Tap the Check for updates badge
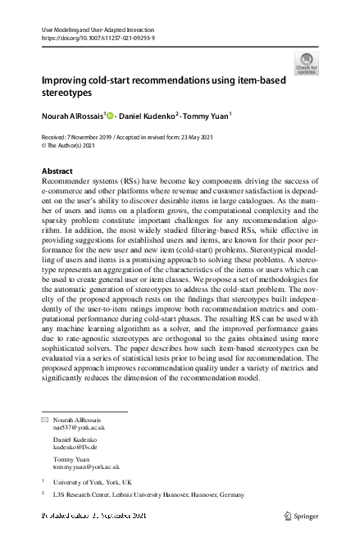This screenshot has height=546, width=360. [x=306, y=63]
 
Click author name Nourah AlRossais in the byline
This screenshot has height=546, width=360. [x=72, y=117]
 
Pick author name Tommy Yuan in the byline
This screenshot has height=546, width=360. [x=205, y=117]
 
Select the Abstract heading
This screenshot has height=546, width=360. [x=57, y=171]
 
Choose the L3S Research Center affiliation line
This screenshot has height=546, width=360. [x=148, y=495]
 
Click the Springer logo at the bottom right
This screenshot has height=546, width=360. [x=299, y=515]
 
